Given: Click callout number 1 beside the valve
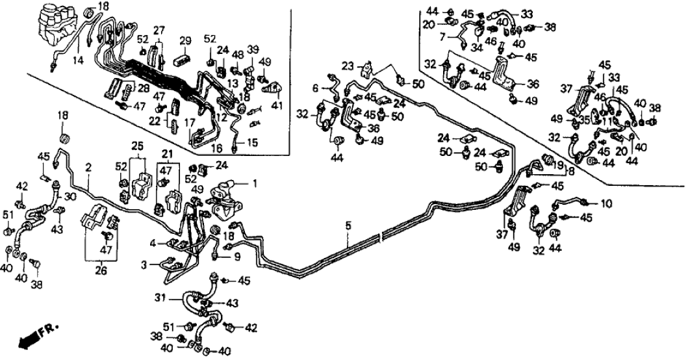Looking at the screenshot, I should pos(255,184).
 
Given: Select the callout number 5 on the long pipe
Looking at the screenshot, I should pos(348,225).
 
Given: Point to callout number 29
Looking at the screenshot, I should pos(184,41).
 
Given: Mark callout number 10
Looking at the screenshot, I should pos(605,203).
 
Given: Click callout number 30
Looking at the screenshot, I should pos(70,198).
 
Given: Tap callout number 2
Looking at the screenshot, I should pos(87,167).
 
